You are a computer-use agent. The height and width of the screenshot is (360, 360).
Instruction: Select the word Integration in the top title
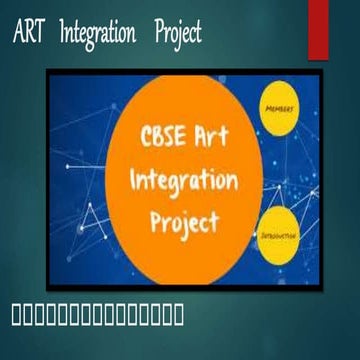tap(98, 34)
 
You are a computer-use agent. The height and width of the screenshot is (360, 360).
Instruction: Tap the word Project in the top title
tap(178, 34)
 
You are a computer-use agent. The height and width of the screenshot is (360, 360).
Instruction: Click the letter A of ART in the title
tap(19, 33)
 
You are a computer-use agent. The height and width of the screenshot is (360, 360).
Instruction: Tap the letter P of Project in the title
tap(160, 33)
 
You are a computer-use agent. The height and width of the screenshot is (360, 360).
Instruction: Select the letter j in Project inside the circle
tap(181, 224)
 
